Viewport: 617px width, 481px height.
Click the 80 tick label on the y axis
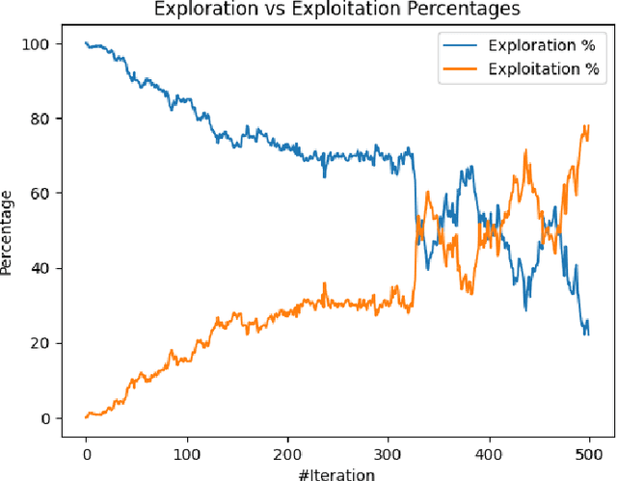40,119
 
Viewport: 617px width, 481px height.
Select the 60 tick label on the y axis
40,194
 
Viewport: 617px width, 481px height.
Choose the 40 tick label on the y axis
40,268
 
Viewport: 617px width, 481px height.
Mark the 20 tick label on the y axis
40,343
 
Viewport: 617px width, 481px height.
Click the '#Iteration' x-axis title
336,473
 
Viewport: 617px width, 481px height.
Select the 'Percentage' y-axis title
9,232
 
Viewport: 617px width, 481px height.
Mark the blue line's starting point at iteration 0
86,43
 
